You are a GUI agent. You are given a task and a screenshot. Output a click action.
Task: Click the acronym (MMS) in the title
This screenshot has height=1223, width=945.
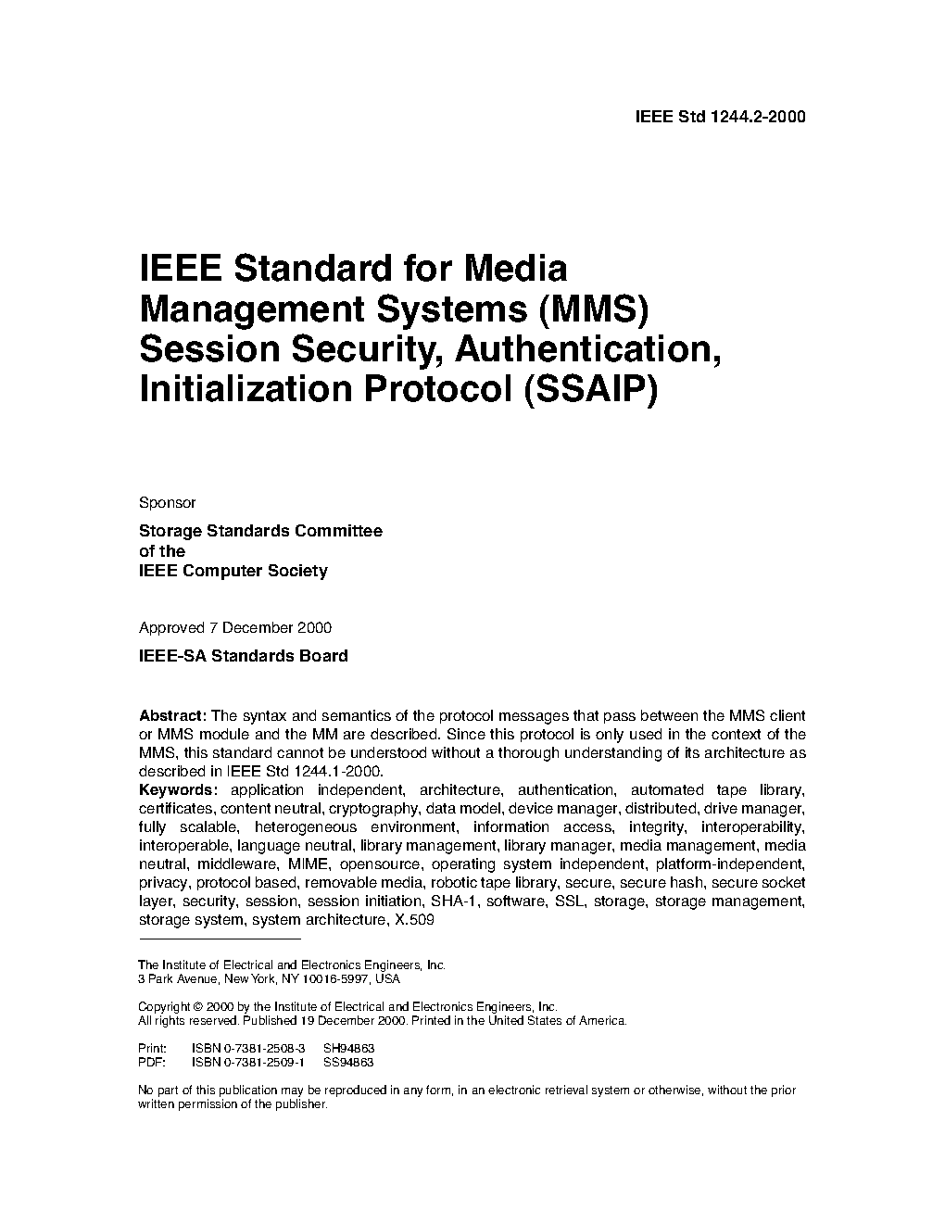591,308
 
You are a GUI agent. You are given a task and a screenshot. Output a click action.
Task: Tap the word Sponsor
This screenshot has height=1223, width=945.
167,503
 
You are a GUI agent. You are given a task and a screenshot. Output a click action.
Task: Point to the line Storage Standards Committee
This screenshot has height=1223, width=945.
259,531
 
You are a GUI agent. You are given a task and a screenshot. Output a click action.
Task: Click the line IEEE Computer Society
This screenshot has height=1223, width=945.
233,571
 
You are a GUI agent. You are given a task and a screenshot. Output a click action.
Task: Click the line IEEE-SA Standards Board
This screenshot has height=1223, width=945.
243,656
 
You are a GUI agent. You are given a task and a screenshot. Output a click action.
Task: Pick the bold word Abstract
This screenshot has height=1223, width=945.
172,716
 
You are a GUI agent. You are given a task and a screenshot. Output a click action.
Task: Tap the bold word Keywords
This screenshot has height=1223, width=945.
177,790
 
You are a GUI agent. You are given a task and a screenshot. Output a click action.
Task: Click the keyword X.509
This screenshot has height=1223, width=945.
414,920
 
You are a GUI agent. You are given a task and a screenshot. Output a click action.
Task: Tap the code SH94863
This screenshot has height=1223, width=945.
348,1049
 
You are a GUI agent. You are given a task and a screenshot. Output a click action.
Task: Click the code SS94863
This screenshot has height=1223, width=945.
348,1063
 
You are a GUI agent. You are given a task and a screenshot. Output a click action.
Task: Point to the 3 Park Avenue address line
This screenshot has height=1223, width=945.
269,978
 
